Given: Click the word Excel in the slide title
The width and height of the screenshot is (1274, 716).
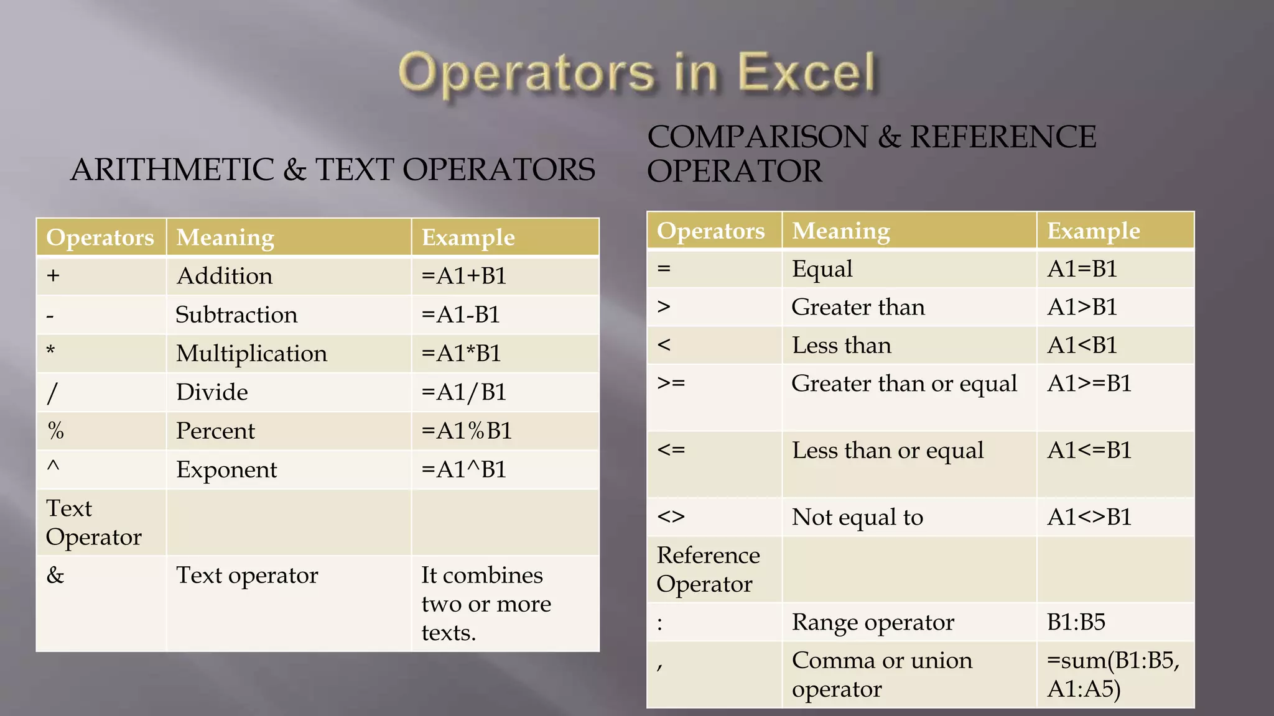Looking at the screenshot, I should (x=806, y=73).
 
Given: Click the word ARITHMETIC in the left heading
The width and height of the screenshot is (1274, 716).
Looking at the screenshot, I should (x=172, y=170).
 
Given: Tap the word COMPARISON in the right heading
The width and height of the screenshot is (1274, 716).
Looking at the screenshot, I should (x=757, y=137).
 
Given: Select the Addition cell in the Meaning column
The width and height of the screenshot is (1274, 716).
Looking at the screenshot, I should (x=225, y=276).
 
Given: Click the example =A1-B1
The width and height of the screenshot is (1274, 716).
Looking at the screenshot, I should (x=461, y=314).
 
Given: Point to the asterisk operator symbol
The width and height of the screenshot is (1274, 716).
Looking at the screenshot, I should (x=51, y=351).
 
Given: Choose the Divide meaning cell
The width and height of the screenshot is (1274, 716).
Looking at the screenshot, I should (x=212, y=392).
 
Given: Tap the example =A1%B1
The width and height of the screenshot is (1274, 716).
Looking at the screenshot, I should (x=467, y=431).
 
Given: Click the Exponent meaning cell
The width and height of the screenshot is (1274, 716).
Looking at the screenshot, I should (x=226, y=470).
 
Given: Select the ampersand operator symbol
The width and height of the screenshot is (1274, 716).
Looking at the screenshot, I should (x=55, y=575).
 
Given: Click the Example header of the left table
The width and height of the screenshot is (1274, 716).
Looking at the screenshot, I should (x=468, y=237).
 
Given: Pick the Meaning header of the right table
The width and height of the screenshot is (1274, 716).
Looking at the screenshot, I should (x=841, y=231).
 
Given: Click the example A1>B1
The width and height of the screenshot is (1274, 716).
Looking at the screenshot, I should (x=1082, y=307).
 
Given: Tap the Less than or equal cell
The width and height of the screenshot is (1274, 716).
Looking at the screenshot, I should (x=888, y=451).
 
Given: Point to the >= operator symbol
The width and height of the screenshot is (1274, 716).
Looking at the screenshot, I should (x=671, y=383).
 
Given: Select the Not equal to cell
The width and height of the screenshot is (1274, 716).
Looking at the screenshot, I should (x=857, y=517).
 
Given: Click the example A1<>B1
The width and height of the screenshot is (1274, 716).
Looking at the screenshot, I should (x=1089, y=517).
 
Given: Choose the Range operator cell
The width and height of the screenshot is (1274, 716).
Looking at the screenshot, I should (x=873, y=622).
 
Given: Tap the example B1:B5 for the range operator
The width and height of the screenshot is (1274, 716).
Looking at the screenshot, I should (x=1076, y=622).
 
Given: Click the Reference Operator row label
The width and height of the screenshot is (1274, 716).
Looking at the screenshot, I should (x=708, y=569).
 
